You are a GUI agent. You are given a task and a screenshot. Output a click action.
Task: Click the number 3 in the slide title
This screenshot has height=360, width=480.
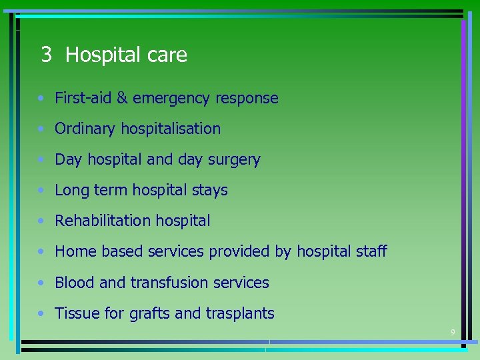[x=46, y=55]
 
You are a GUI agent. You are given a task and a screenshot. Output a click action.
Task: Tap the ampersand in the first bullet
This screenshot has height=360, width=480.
[x=122, y=98]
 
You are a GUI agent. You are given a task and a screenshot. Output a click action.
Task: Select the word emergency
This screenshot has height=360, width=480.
[x=171, y=99]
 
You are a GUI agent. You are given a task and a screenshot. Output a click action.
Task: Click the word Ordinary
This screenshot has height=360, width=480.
[x=85, y=129]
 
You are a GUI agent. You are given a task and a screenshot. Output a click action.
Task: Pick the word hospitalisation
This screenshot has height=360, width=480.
[x=171, y=129]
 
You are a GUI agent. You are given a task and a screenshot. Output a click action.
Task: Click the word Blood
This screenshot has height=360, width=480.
[x=75, y=283]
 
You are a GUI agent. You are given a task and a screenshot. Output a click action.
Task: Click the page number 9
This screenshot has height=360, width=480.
[x=453, y=332]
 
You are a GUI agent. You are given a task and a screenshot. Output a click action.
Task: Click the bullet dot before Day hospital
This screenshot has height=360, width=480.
[x=42, y=160]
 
